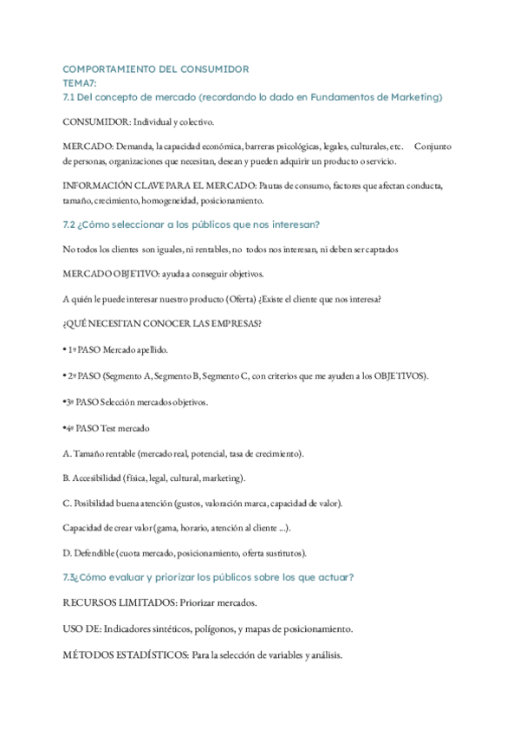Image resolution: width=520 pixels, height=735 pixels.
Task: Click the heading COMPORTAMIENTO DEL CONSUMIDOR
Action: (x=156, y=68)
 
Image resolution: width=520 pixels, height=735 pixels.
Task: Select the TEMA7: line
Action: (x=80, y=81)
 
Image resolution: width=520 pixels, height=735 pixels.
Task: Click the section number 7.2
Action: (x=71, y=224)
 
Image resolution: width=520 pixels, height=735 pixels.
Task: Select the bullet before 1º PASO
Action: (x=66, y=350)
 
